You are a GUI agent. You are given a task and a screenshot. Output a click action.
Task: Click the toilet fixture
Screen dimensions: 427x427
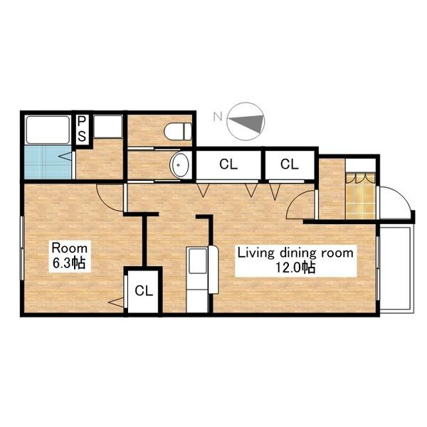coord(178,132)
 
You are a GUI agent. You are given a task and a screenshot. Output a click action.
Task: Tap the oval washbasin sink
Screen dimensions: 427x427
coord(179,165)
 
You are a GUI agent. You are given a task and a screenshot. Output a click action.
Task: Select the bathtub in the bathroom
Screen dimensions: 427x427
coord(48,130)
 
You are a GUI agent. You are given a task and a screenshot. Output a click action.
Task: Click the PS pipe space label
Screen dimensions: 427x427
coord(81,129)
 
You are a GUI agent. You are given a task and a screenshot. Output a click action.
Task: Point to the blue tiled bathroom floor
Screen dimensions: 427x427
coord(48,162)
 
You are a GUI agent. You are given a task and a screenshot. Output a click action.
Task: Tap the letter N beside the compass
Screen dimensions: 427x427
coord(218,117)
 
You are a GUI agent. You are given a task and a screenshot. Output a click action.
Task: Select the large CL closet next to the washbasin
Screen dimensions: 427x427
coord(228,164)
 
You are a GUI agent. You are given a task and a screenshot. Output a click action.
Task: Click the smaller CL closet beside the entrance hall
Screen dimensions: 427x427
coord(290,164)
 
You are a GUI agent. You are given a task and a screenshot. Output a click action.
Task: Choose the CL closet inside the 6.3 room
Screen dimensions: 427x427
coord(144,291)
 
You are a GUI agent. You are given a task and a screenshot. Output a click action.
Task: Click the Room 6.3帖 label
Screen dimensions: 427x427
coord(70,256)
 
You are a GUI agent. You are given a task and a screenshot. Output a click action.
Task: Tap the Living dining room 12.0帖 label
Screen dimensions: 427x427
coord(296,260)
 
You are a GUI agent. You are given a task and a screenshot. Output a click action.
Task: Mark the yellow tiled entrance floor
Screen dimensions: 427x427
coord(361,196)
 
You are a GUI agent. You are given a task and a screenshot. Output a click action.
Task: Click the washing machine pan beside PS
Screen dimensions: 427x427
coord(108,127)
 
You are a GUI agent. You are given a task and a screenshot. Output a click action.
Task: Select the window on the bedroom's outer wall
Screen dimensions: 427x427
coord(22,248)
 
